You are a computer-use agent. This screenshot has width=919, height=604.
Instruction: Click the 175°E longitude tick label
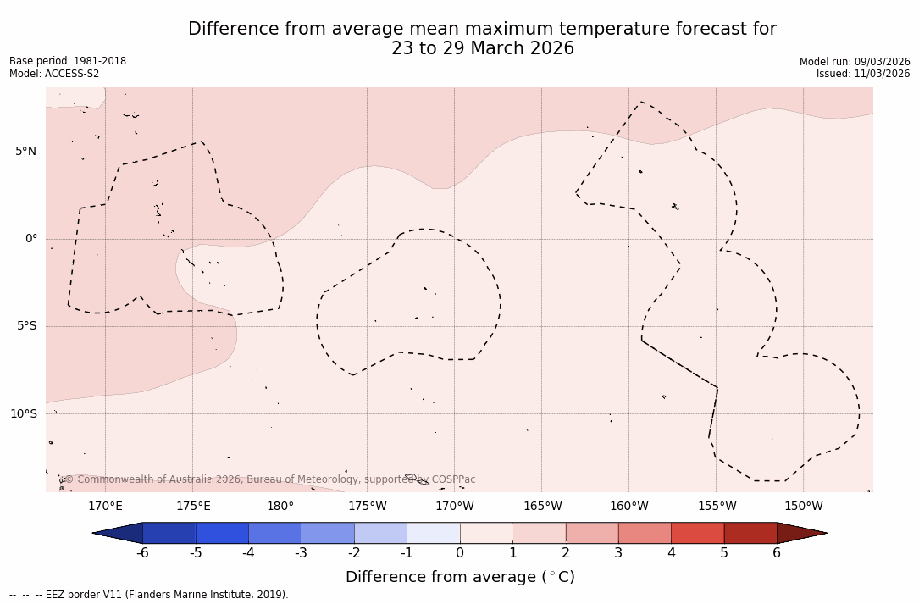pos(193,507)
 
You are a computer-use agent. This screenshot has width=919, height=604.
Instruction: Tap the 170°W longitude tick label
pos(455,507)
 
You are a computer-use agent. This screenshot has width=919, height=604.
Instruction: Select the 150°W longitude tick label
pos(804,507)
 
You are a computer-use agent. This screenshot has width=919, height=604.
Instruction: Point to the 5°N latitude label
pos(26,152)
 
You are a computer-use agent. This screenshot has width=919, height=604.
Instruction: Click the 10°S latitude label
pos(23,414)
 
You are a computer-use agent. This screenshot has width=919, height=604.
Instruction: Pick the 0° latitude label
pos(31,239)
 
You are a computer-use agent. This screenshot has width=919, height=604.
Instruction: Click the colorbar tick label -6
pos(142,553)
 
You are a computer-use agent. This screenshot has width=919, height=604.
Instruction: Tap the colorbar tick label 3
pos(618,553)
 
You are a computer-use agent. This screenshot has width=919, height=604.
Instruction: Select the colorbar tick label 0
pos(460,553)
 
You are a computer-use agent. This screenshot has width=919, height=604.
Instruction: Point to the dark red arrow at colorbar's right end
pos(800,533)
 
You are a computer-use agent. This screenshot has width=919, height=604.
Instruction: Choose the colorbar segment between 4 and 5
pos(697,533)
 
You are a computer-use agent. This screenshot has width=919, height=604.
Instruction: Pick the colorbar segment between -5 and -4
pos(222,533)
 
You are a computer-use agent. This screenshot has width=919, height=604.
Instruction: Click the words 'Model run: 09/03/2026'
pos(855,62)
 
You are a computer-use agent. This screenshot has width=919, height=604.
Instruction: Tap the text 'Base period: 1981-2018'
pos(68,61)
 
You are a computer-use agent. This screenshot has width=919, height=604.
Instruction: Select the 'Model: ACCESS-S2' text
pos(55,74)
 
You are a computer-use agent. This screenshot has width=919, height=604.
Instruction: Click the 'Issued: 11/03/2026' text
pos(863,74)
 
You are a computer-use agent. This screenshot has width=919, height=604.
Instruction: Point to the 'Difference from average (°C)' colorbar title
pos(460,577)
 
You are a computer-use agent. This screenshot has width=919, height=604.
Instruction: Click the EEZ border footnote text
pos(149,595)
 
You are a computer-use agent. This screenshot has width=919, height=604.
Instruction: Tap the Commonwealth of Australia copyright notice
pos(269,479)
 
